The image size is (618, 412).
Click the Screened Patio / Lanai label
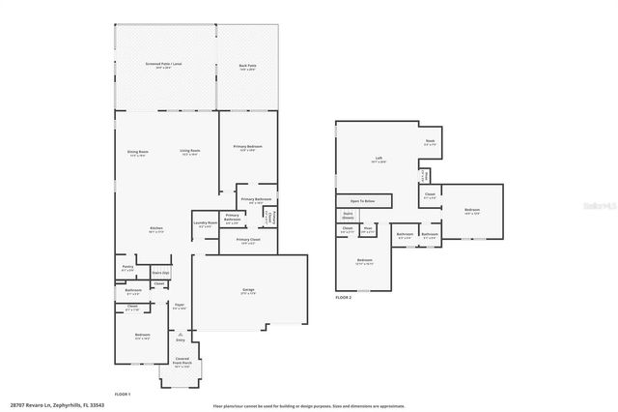[165, 66]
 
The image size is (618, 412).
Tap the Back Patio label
[247, 66]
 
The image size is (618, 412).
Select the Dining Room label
[138, 152]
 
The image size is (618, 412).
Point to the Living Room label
[189, 152]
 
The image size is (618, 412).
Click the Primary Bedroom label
[247, 147]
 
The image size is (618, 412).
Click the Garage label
[247, 289]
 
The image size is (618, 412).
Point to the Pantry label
[127, 267]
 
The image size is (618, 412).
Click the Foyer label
[180, 307]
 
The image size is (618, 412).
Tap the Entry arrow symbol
[180, 332]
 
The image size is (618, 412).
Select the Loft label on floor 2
[379, 160]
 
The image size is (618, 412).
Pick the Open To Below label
[363, 201]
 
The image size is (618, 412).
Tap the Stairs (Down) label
[348, 217]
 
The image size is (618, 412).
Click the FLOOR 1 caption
[123, 394]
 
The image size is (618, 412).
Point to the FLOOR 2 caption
[344, 298]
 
